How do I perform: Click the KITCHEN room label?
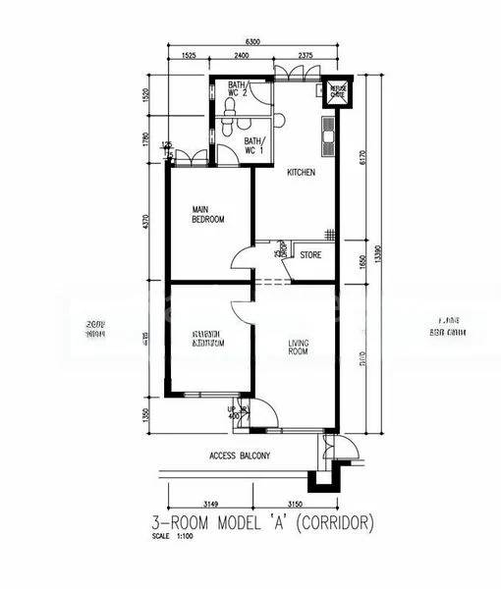(301, 173)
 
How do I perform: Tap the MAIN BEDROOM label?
(207, 215)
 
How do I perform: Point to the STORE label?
(311, 255)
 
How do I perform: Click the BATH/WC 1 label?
(254, 147)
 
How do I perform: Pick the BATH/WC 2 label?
(239, 89)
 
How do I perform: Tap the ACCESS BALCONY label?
(240, 456)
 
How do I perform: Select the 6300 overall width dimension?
(252, 42)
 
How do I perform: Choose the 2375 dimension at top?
(303, 56)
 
